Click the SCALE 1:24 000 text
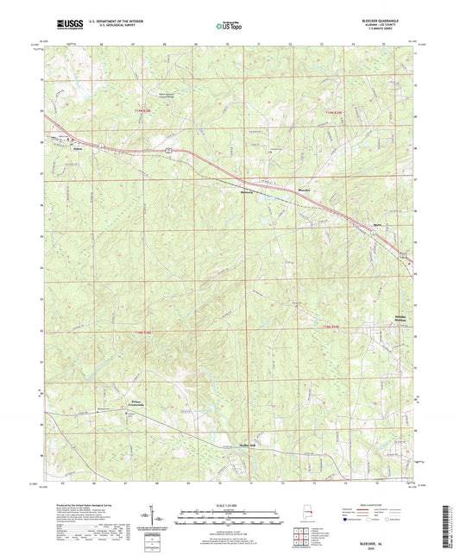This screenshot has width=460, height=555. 229,507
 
